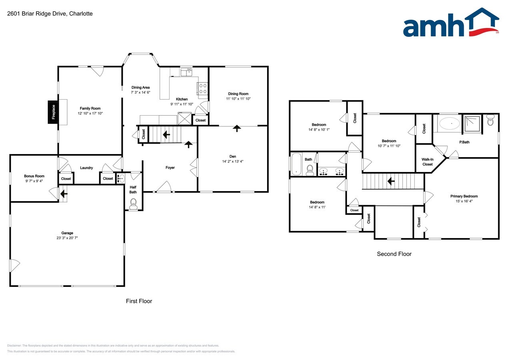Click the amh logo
tap(451, 24)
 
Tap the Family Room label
tap(90, 108)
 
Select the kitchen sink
tap(186, 72)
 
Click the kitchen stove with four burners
tap(202, 88)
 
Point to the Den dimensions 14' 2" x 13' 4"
tap(233, 162)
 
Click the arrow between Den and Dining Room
tap(237, 128)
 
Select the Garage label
tap(67, 233)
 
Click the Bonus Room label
tap(34, 176)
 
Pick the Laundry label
tap(86, 168)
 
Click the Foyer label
tap(170, 168)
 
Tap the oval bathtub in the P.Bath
tap(449, 124)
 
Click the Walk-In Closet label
tap(427, 162)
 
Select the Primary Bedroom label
tap(464, 196)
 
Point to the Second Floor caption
tap(394, 254)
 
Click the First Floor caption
tap(139, 301)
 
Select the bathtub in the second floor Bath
tap(296, 164)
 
